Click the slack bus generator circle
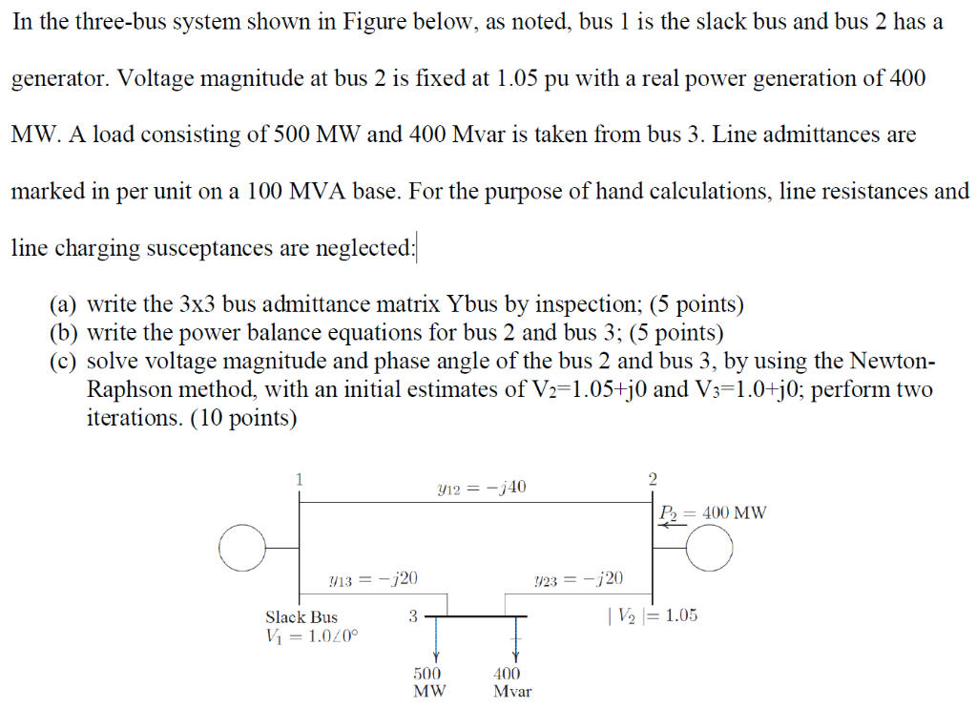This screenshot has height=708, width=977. (x=240, y=548)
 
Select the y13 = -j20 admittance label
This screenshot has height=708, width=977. (x=373, y=577)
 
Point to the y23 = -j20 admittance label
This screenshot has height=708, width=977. (x=579, y=577)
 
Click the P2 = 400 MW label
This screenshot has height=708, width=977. (x=712, y=512)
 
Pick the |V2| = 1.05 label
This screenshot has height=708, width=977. (x=652, y=615)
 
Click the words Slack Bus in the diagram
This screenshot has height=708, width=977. (x=301, y=617)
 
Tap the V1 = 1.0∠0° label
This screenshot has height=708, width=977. (x=312, y=635)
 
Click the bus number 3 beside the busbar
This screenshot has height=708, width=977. (x=412, y=616)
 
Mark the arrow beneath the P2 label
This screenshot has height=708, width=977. (x=667, y=525)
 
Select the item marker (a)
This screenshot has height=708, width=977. (x=63, y=305)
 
